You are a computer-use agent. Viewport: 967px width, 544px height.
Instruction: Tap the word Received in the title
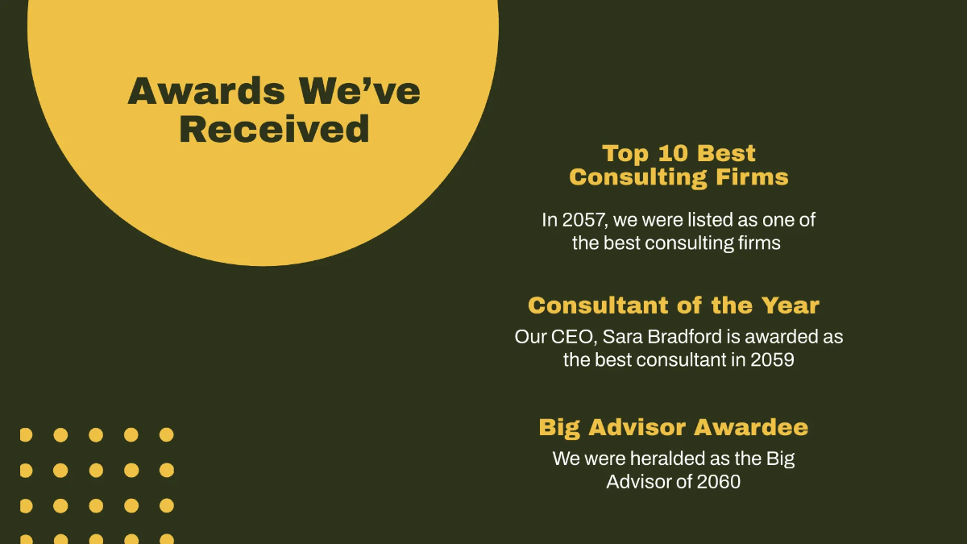275,129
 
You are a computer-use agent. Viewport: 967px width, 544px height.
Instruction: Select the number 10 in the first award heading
673,153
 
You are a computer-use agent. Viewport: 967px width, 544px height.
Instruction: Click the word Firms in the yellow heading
752,176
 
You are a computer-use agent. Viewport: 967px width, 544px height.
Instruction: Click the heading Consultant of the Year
674,305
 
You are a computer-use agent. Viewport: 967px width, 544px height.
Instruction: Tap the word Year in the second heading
790,305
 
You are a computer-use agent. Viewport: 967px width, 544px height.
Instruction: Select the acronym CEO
574,337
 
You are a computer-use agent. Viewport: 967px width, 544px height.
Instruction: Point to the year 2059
772,359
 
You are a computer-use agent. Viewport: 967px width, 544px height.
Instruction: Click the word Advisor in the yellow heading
637,427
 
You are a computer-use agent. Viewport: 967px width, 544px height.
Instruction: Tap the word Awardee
751,427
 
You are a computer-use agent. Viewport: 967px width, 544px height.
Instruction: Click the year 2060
718,482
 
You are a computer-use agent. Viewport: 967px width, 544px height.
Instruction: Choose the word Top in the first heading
625,154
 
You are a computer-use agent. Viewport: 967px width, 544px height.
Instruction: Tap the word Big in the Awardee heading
559,428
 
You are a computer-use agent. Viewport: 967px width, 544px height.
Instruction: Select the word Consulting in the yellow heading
638,177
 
